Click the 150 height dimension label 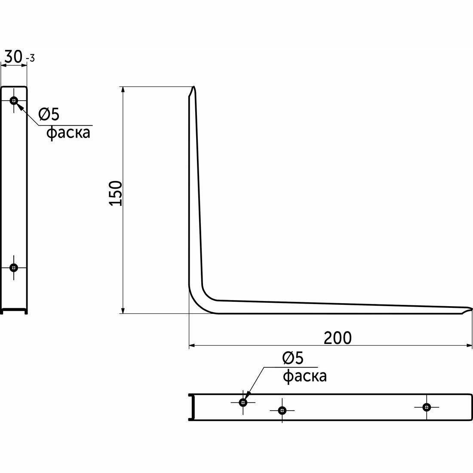click(116, 193)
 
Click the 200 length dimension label click(338, 338)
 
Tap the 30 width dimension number click(13, 57)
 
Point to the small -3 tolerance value click(31, 58)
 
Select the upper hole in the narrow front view click(14, 101)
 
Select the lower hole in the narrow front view click(14, 267)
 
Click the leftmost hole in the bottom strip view click(243, 402)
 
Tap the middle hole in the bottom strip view click(282, 410)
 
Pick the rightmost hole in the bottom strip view click(426, 407)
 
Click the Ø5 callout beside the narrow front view click(49, 114)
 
